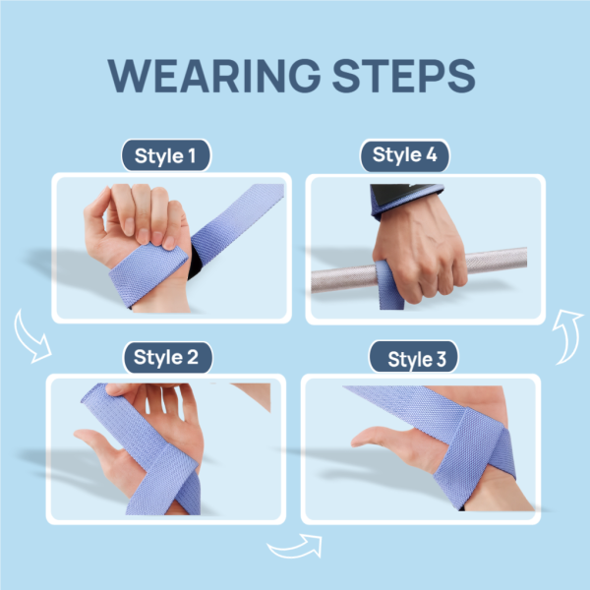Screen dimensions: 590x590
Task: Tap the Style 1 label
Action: [x=165, y=155]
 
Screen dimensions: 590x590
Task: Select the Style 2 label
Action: [x=166, y=357]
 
